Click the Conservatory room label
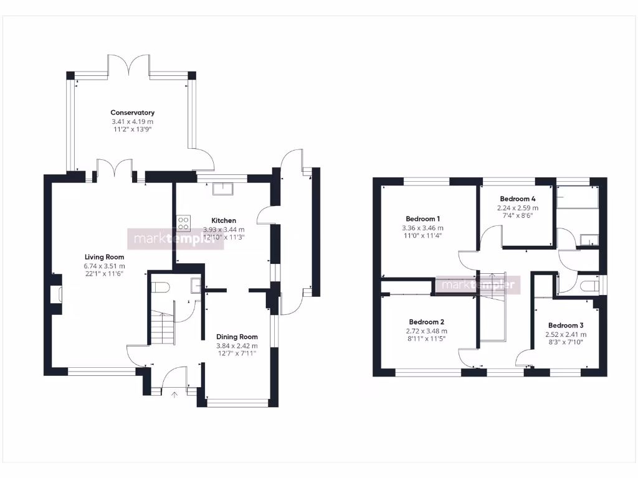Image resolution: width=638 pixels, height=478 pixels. [x=132, y=113]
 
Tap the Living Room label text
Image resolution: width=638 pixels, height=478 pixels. [x=105, y=257]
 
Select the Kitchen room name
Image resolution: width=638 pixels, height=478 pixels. [x=224, y=220]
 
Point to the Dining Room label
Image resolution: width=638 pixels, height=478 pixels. [x=237, y=337]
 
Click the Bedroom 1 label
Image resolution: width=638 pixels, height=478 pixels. [x=423, y=219]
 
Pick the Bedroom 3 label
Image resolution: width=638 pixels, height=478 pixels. [x=566, y=326]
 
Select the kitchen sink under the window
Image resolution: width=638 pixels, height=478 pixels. [x=222, y=189]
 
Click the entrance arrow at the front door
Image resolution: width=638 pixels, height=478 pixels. [x=174, y=393]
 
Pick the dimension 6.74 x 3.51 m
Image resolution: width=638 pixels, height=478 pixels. [x=105, y=266]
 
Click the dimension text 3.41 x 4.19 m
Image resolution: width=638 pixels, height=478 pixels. [x=132, y=121]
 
